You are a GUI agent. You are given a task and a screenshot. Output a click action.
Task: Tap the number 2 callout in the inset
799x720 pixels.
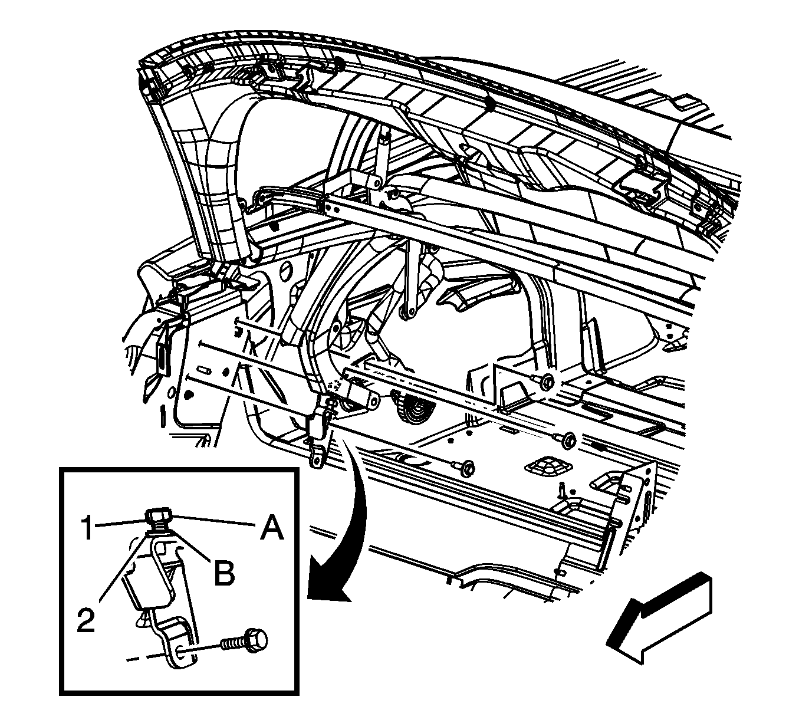86,620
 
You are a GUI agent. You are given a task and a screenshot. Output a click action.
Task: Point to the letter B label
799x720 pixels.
224,572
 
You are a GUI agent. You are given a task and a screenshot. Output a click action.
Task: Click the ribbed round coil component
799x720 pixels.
413,412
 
